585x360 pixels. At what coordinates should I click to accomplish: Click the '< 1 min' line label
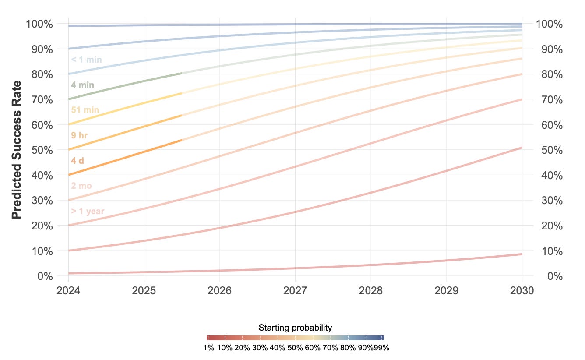[86, 60]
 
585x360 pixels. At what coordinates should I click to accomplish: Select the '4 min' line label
[82, 85]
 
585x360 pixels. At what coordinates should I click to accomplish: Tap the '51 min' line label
[85, 110]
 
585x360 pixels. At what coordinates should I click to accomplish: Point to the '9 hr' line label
[79, 135]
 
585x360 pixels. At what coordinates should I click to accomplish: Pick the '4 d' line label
[78, 161]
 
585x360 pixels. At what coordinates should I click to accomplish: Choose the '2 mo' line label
[81, 186]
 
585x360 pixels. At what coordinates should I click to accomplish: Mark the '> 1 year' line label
[88, 211]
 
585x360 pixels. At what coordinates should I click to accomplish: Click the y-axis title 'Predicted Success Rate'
[17, 150]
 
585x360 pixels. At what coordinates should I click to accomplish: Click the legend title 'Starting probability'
[295, 328]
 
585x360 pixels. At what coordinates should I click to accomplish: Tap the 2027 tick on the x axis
[295, 290]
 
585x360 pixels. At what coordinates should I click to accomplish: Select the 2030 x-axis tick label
[522, 290]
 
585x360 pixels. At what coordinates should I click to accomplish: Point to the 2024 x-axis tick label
[68, 290]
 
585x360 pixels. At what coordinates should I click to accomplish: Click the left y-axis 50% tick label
[42, 150]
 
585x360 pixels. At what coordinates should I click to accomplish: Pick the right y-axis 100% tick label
[549, 24]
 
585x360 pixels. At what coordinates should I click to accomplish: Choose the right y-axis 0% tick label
[555, 276]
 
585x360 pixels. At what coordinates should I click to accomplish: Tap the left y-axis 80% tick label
[42, 74]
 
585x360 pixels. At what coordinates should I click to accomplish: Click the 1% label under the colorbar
[209, 348]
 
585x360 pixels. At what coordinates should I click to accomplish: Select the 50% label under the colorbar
[295, 348]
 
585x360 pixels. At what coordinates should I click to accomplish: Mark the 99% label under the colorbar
[381, 348]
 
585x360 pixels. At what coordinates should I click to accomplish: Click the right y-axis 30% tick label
[552, 201]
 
